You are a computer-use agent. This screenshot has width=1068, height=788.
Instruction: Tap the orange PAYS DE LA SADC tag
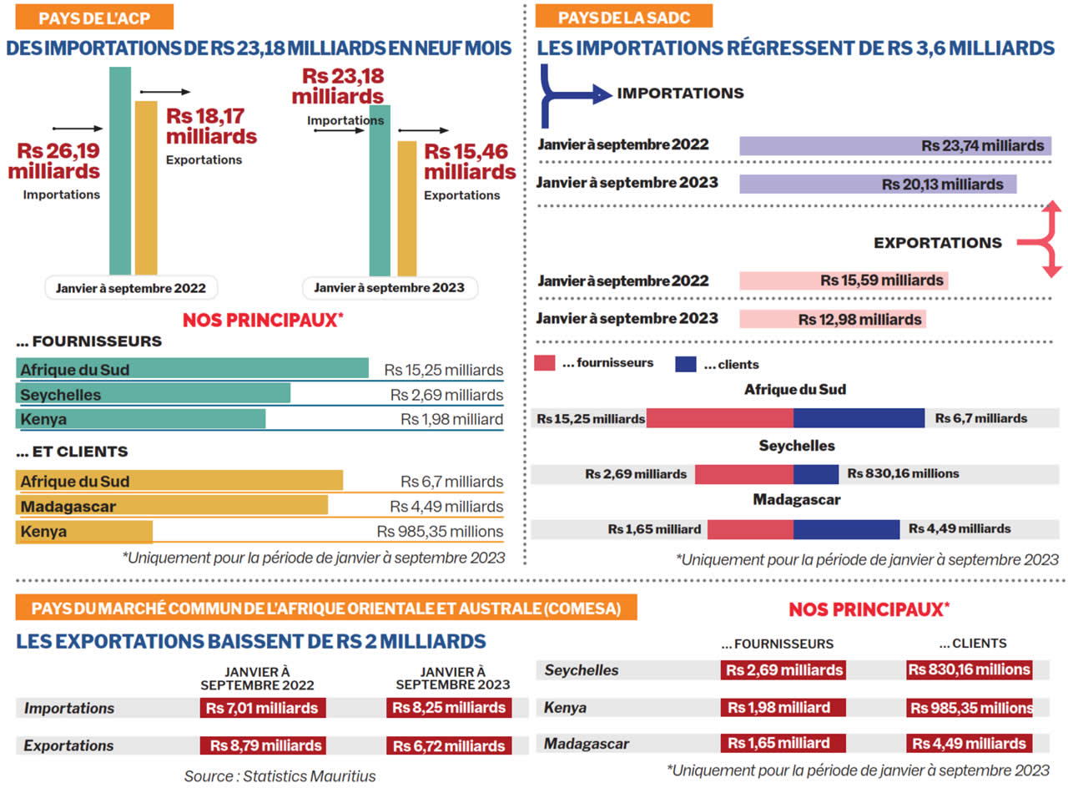[x=623, y=17]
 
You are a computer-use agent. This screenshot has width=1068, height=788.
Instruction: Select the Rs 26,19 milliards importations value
[x=54, y=162]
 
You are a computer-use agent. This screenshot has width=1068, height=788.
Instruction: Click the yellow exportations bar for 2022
[x=146, y=188]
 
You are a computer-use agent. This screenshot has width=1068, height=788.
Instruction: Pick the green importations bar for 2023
[x=380, y=190]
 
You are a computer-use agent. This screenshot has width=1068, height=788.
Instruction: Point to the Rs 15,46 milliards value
[x=470, y=162]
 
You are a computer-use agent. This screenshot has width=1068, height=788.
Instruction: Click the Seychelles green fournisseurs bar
[x=154, y=394]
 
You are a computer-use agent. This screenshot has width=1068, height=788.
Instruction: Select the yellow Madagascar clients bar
[x=172, y=505]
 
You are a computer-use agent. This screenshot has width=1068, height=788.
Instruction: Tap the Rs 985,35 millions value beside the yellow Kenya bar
[x=440, y=531]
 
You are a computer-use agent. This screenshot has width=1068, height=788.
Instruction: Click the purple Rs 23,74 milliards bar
[x=894, y=145]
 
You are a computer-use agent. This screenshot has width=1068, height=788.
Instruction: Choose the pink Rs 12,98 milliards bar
[x=832, y=319]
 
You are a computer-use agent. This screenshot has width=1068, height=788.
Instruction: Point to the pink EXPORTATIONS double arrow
[x=1047, y=240]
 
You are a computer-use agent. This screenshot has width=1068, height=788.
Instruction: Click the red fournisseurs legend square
[x=545, y=363]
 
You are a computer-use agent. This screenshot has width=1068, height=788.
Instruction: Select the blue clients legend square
[x=685, y=363]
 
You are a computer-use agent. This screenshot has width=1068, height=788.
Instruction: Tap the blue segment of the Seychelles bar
[x=816, y=473]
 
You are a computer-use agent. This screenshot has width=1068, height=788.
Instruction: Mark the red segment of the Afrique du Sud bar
[x=719, y=417]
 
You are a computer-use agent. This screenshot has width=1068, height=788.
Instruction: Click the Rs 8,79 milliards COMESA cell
[x=263, y=745]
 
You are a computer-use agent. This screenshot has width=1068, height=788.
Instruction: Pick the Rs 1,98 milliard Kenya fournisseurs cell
[x=783, y=708]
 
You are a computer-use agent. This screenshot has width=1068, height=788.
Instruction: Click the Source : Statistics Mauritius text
[x=280, y=775]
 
